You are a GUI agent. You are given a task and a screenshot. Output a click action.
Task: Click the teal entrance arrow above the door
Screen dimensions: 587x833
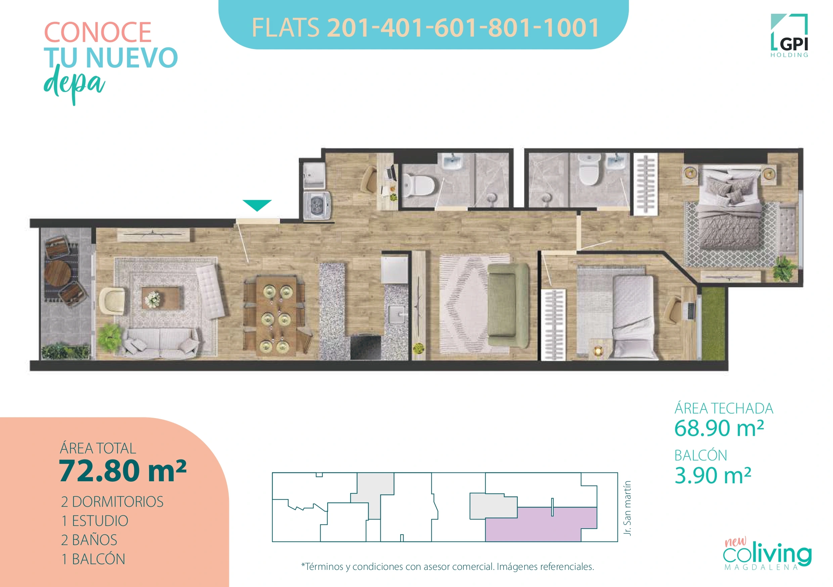[257, 205]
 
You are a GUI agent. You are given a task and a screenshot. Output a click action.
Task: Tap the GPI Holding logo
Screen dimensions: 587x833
[789, 36]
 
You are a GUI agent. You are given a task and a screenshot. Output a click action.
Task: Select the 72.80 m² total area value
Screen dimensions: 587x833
[122, 471]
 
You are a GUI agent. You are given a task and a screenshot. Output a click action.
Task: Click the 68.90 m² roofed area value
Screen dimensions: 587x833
[719, 428]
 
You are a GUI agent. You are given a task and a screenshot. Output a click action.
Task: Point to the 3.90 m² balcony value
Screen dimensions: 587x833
[712, 475]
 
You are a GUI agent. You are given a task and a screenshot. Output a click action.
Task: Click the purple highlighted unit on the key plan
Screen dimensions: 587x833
[541, 525]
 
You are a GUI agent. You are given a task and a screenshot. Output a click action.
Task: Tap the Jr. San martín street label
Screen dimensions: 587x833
[627, 508]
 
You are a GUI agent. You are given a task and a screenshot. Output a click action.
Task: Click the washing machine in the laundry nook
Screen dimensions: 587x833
[317, 206]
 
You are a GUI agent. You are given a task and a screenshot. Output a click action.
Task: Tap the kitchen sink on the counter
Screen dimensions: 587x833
[397, 313]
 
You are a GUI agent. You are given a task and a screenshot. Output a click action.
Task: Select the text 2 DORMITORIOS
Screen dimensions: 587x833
[112, 502]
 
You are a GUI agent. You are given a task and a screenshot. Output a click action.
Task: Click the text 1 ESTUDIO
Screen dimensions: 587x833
[95, 521]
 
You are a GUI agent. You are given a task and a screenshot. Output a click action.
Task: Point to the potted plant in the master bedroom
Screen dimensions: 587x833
[784, 268]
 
